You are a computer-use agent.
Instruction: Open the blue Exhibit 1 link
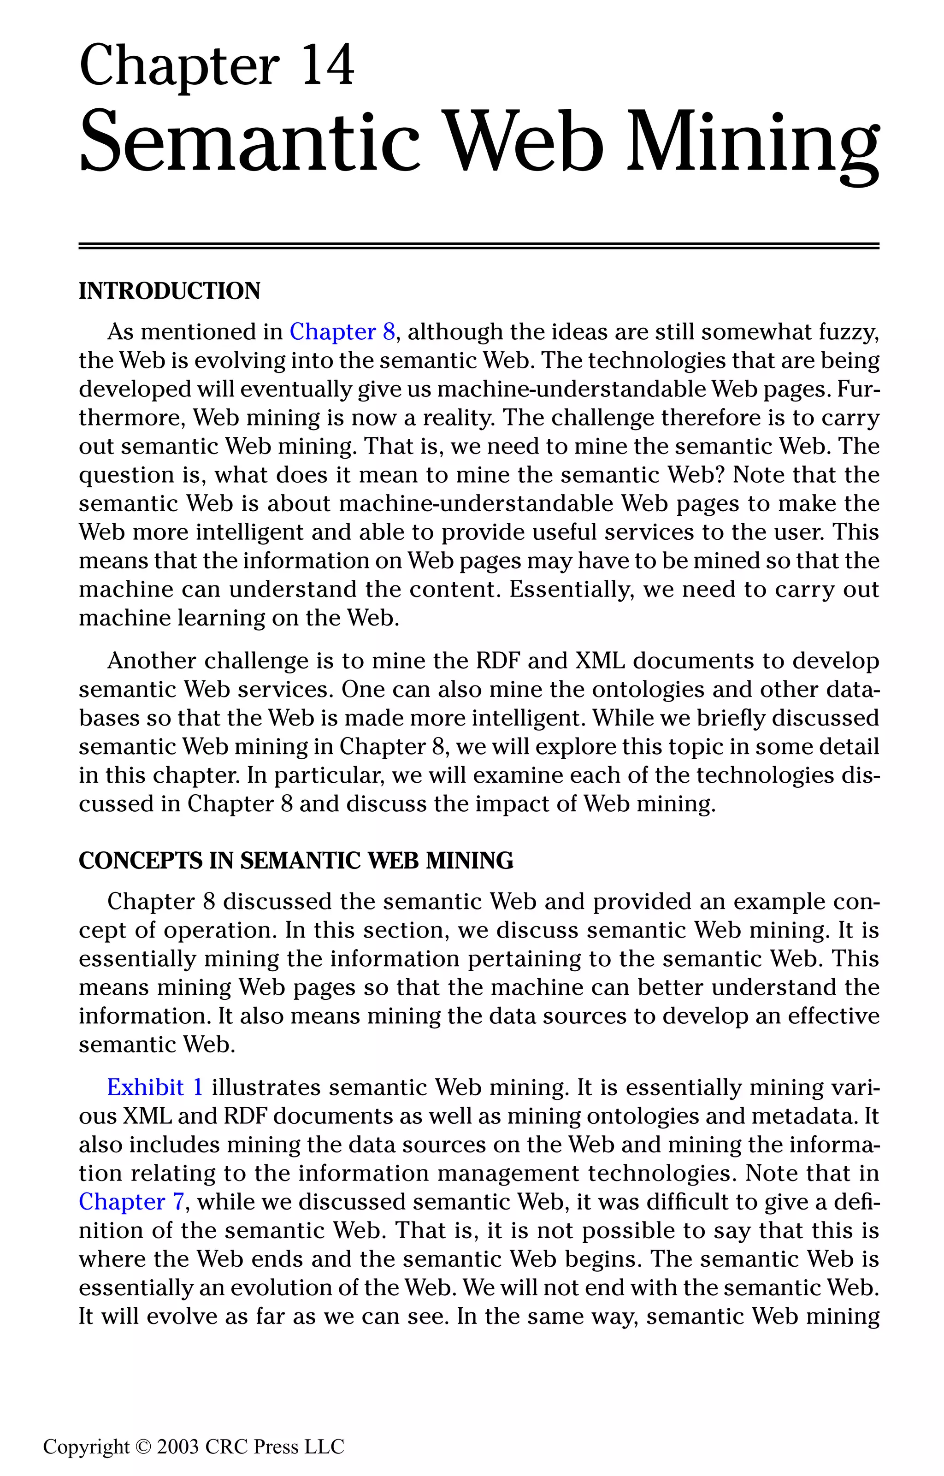point(154,1087)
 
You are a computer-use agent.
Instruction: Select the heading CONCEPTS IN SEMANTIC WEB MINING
point(295,861)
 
